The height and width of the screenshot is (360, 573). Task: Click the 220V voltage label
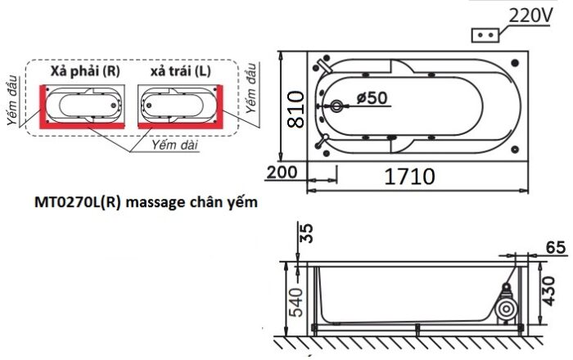(530, 16)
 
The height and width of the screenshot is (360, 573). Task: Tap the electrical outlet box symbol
(485, 35)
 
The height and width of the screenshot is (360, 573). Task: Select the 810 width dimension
(296, 109)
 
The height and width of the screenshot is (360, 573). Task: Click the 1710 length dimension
(409, 177)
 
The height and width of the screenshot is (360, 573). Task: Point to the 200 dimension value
(282, 172)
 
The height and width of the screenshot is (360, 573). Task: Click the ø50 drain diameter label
(372, 97)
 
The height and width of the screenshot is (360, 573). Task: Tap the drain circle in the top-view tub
(336, 106)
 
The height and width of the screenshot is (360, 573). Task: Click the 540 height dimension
(296, 302)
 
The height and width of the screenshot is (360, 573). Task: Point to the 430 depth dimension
(548, 291)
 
